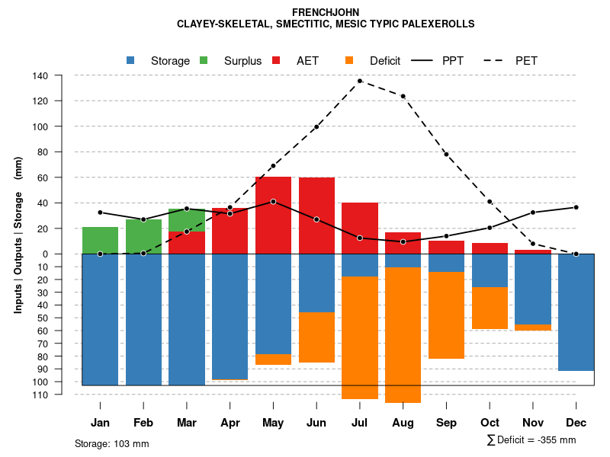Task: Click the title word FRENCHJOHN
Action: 325,12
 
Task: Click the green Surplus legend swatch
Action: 204,60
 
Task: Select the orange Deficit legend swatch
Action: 350,60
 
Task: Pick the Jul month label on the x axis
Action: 360,423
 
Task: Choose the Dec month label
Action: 576,423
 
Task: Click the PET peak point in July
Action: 360,81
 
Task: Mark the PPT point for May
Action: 273,202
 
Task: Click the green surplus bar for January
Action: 100,240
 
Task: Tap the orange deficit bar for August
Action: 403,335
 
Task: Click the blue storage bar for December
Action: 576,312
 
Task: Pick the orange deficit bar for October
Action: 490,308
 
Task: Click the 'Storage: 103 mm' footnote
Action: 111,443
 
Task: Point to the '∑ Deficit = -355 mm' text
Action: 531,440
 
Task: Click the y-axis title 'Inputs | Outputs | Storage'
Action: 18,233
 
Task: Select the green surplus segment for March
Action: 187,219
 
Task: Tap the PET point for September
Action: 447,155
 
